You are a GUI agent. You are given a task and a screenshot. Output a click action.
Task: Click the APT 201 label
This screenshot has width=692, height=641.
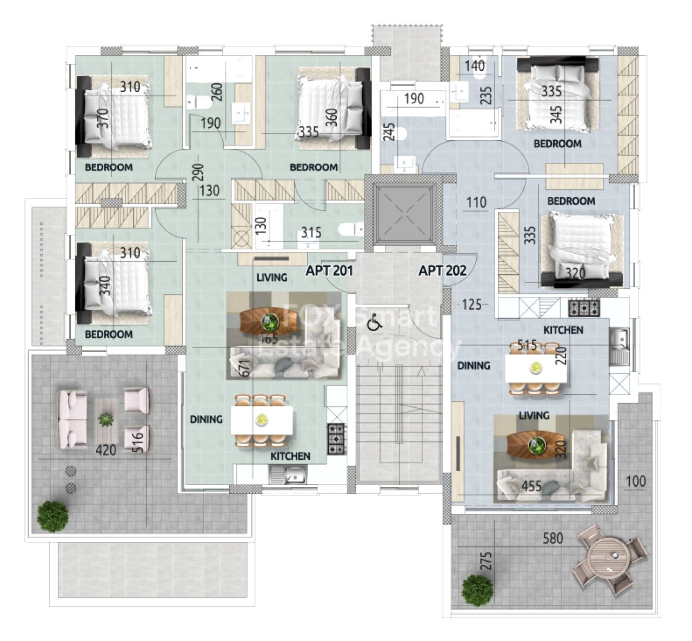329,270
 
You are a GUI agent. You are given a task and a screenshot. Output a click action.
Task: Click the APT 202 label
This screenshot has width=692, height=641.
443,270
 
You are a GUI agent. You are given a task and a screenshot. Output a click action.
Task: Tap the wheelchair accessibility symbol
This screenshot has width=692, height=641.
375,322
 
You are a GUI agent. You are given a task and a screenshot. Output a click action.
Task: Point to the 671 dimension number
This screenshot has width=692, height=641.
245,368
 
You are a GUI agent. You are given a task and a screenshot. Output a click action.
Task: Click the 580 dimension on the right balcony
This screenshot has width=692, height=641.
553,538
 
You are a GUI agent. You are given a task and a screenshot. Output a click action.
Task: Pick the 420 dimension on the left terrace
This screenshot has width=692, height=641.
106,451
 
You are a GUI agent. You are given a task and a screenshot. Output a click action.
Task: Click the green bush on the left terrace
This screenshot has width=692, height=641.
52,517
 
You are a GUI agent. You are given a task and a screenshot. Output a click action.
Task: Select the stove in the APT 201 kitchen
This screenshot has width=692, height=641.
337,439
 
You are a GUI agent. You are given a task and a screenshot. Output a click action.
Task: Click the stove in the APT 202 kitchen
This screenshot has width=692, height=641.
584,308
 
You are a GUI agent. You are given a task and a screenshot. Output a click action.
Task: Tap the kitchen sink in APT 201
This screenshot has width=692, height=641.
288,476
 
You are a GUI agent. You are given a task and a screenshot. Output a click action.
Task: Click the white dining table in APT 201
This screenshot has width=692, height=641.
262,420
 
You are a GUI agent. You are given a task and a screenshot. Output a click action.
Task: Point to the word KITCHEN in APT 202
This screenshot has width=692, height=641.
563,330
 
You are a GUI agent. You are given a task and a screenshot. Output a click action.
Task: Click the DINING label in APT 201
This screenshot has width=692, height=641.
207,419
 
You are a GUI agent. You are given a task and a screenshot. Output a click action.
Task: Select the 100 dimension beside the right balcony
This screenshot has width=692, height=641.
636,481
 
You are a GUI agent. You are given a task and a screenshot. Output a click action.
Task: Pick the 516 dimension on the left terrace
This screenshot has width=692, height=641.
138,443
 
